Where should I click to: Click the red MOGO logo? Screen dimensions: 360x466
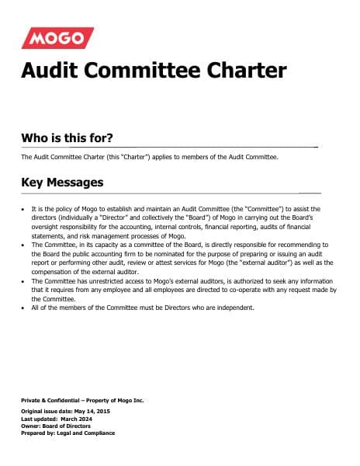[57, 38]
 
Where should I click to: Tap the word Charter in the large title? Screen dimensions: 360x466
[244, 71]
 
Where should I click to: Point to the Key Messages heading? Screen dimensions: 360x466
[61, 183]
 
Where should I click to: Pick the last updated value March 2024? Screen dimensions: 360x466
[81, 418]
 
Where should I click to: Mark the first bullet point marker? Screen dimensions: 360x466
[23, 210]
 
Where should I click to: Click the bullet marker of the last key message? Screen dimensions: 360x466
[23, 308]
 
